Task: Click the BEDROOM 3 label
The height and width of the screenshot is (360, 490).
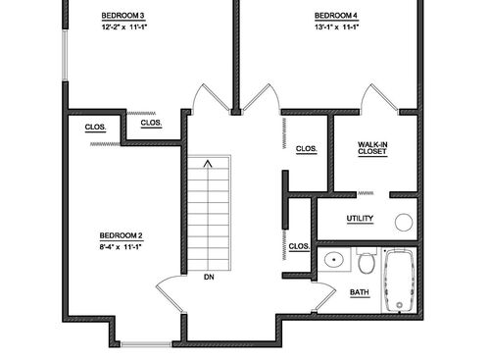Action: [122, 16]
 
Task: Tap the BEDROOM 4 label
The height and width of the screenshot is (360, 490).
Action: [336, 16]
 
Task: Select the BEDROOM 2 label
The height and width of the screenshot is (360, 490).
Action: [122, 235]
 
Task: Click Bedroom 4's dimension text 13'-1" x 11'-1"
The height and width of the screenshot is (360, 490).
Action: [336, 27]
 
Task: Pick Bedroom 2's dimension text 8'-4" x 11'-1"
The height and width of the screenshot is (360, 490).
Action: [122, 247]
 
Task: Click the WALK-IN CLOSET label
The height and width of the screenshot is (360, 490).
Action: [372, 148]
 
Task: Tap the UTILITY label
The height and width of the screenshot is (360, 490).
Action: [360, 218]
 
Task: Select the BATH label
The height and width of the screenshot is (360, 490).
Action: [360, 292]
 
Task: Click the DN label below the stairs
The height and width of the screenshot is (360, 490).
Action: [209, 277]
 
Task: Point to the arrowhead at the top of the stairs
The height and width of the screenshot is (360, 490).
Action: [208, 165]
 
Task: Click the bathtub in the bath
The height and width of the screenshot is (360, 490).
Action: [400, 282]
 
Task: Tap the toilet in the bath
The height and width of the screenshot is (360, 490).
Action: [366, 262]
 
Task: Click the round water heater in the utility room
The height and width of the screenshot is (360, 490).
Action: [404, 222]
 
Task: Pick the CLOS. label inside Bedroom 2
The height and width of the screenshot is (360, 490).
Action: [95, 127]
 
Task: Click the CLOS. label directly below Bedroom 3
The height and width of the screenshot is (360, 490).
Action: [151, 123]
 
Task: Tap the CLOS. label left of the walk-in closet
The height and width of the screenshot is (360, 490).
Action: [306, 149]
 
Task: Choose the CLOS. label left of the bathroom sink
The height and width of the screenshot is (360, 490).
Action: [299, 246]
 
